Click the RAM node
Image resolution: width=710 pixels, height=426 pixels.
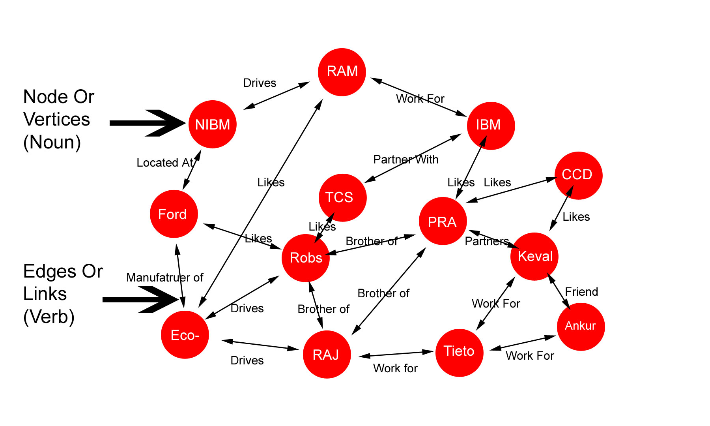(342, 72)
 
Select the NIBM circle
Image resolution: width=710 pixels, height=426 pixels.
(213, 124)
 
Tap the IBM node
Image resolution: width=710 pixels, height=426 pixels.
(491, 126)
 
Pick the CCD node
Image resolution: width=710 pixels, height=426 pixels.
(578, 175)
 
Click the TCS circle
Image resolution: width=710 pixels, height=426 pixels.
(342, 197)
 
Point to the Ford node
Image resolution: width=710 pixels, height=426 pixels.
(174, 214)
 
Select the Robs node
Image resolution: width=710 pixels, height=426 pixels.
(306, 258)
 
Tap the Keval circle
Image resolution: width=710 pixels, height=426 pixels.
(534, 256)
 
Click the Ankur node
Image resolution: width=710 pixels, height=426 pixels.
(581, 327)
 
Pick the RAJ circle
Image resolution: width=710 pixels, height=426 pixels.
(327, 354)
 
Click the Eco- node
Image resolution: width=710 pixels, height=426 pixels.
(185, 335)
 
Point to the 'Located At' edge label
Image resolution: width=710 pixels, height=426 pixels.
(165, 163)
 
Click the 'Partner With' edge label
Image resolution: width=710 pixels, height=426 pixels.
(405, 160)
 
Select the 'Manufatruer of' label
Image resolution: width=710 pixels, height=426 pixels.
(164, 278)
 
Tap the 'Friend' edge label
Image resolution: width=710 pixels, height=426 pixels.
(581, 292)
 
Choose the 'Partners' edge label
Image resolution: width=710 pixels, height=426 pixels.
(487, 241)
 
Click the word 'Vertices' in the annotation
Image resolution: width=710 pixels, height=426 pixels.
(56, 119)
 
